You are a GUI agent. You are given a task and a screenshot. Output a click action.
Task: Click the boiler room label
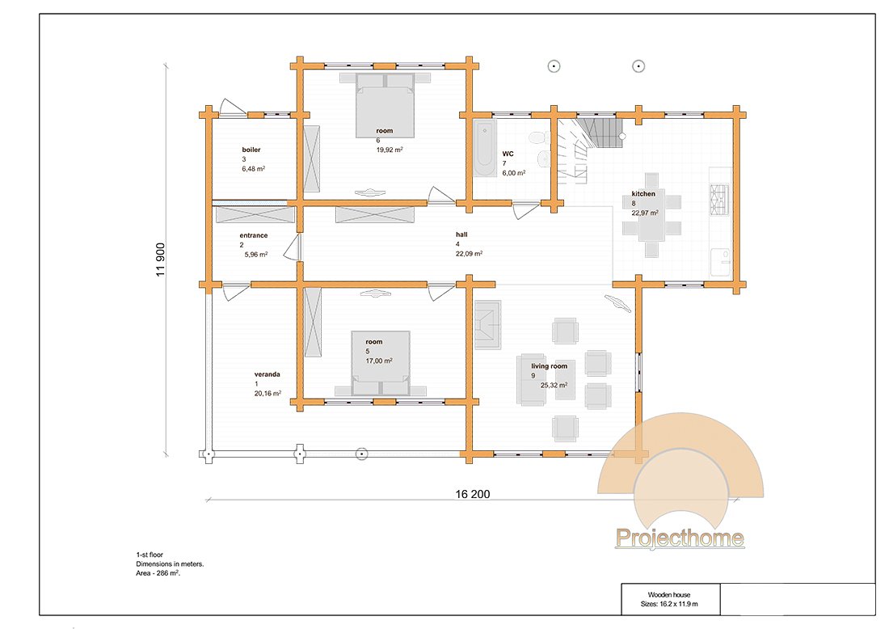[x=251, y=150]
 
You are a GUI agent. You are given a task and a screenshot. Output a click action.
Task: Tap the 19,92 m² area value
[x=390, y=150]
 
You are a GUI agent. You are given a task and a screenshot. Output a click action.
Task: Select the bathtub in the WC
[x=485, y=149]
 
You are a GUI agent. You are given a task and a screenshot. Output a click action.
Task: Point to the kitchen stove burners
[x=719, y=200]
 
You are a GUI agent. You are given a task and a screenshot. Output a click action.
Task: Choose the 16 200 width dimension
[x=472, y=494]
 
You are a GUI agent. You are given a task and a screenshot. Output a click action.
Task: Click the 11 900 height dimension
[x=161, y=260]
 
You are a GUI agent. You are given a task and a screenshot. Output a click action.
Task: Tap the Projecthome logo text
[x=680, y=538]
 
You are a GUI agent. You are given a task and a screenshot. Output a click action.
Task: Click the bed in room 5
[x=380, y=363]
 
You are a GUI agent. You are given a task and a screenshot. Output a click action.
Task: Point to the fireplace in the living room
[x=487, y=324]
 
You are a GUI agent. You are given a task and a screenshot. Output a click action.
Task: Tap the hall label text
[x=461, y=234]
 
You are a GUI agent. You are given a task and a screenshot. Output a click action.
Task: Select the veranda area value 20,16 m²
[x=268, y=393]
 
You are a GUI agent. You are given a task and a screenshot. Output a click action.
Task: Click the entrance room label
[x=254, y=235]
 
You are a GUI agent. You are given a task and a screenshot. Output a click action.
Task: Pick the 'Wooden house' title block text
[x=669, y=594]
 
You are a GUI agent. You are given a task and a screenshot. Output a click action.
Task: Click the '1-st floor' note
[x=150, y=555]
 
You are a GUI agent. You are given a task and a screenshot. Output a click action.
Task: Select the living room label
[x=549, y=365]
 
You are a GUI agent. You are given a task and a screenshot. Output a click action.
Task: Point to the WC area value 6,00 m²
[x=514, y=173]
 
